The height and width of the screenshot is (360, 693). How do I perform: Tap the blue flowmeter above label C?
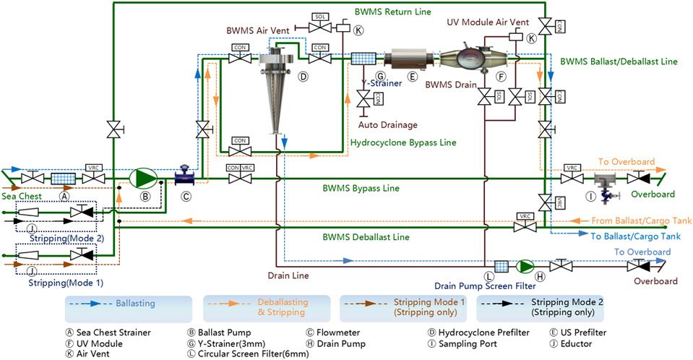[x=186, y=176]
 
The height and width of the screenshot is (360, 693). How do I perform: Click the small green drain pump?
[x=524, y=266]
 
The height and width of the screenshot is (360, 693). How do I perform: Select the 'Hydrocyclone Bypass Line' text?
[x=403, y=142]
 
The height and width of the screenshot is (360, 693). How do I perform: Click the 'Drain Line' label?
[x=288, y=276]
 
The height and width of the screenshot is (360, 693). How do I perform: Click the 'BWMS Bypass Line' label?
[x=360, y=189]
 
